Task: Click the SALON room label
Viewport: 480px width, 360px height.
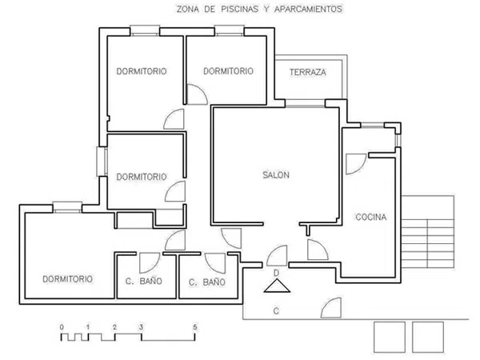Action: click(276, 174)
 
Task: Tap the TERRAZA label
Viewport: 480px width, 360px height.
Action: click(308, 72)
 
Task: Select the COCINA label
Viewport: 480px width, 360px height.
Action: click(370, 217)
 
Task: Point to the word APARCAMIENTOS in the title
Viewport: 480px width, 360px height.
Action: click(308, 9)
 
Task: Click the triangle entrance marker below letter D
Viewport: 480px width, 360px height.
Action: click(277, 286)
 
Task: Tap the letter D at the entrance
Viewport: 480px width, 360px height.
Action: click(276, 273)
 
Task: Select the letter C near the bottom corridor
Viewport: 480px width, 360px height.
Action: click(276, 311)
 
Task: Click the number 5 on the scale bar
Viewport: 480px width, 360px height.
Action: click(195, 327)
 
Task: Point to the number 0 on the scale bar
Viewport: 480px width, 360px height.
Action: click(62, 327)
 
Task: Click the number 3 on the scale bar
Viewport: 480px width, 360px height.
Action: click(141, 327)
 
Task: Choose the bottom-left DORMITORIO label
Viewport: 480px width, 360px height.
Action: click(67, 279)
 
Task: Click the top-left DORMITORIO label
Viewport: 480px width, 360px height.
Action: click(142, 71)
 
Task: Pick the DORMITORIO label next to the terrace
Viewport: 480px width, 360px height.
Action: click(228, 71)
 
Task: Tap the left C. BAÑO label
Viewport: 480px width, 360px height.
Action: click(143, 281)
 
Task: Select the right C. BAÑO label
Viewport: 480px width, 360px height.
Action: click(207, 282)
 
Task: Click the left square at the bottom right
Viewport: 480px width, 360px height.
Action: click(390, 337)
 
